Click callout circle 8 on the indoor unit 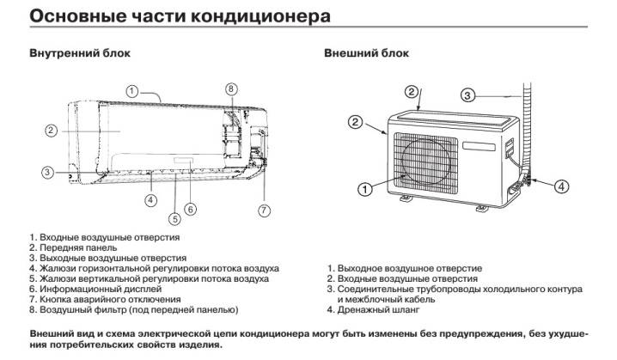coord(230,89)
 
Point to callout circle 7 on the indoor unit coord(264,211)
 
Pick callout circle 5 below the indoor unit coord(175,218)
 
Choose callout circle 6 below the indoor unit coord(191,209)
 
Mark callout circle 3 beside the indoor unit coord(48,173)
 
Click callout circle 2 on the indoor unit coord(51,131)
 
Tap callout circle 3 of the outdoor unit coord(467,95)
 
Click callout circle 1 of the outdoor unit coord(365,188)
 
